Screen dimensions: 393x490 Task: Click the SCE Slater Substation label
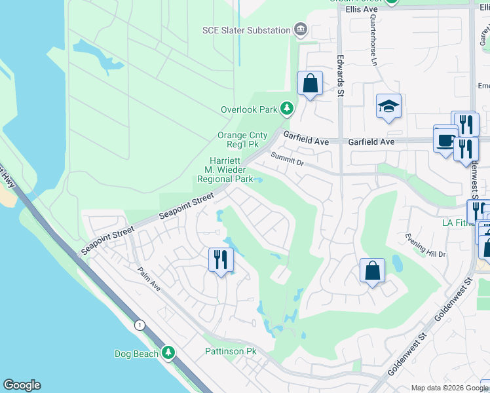(246, 30)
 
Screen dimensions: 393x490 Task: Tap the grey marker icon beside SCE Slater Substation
(301, 29)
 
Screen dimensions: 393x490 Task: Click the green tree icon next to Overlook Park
(286, 109)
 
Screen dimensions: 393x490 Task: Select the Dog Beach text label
(136, 354)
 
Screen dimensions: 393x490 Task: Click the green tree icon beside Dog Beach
(168, 353)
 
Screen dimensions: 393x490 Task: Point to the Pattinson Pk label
(230, 352)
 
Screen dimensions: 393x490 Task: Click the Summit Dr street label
(288, 158)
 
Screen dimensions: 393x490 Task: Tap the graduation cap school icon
(388, 106)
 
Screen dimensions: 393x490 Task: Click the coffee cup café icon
(445, 139)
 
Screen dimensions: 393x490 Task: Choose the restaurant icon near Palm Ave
(221, 260)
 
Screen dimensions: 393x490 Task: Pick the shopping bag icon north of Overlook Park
(310, 84)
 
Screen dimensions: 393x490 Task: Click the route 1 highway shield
(139, 325)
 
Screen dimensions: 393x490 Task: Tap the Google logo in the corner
(22, 385)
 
